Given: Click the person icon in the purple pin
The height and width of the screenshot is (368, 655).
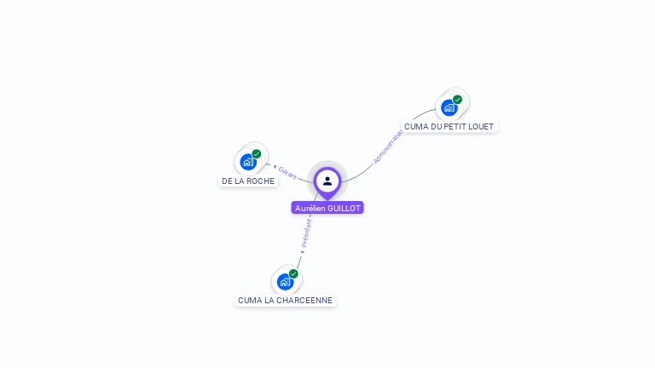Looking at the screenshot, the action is pyautogui.click(x=327, y=181).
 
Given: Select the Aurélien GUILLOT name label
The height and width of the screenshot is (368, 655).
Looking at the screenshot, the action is pyautogui.click(x=327, y=208).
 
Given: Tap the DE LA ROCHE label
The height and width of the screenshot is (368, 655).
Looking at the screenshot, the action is pyautogui.click(x=248, y=181).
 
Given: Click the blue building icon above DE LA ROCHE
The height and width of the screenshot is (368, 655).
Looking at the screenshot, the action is pyautogui.click(x=248, y=162).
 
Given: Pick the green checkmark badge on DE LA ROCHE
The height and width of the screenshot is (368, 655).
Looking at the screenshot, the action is pyautogui.click(x=257, y=154).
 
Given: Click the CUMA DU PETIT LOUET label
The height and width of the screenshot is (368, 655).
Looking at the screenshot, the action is pyautogui.click(x=449, y=126).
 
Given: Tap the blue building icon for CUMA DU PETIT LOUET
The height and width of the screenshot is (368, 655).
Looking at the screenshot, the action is pyautogui.click(x=449, y=108).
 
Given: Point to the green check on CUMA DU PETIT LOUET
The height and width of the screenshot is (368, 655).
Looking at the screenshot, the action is pyautogui.click(x=458, y=100).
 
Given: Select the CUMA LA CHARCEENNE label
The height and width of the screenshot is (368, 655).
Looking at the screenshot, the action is pyautogui.click(x=285, y=300).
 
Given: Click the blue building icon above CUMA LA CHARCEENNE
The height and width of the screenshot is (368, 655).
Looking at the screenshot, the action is pyautogui.click(x=285, y=282).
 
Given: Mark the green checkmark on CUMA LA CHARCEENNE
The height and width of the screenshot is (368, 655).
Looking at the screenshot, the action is pyautogui.click(x=293, y=274).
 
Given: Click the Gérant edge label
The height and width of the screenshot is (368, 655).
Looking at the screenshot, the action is pyautogui.click(x=288, y=172).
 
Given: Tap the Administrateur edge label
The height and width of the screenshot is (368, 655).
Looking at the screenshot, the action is pyautogui.click(x=388, y=147).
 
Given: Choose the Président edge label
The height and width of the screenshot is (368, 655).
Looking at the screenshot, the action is pyautogui.click(x=306, y=232).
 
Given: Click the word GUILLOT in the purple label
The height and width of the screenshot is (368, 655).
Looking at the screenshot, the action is pyautogui.click(x=345, y=208).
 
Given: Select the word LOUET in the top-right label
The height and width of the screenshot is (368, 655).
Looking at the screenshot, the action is pyautogui.click(x=481, y=126).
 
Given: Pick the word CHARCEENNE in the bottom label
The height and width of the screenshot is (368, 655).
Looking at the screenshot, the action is pyautogui.click(x=304, y=300).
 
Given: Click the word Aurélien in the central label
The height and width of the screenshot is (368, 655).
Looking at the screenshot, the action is pyautogui.click(x=310, y=208).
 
